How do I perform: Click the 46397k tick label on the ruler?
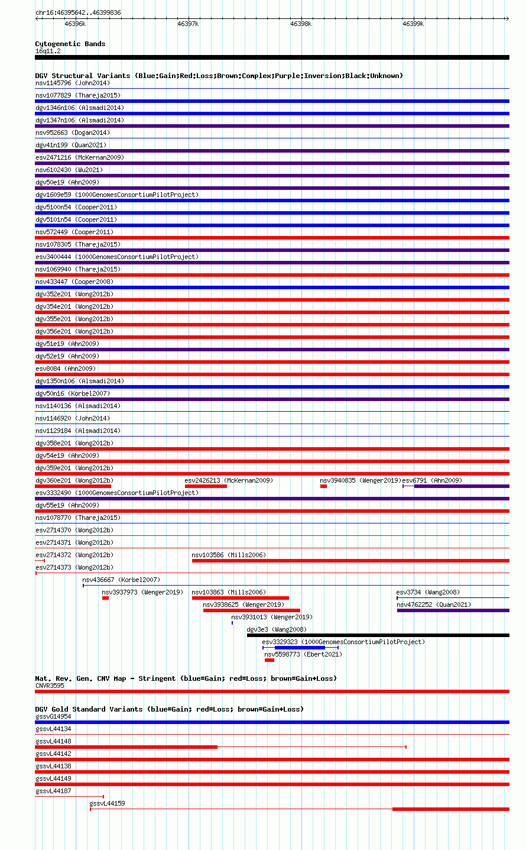click(188, 24)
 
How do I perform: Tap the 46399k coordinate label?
click(413, 24)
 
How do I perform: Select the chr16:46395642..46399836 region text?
click(78, 12)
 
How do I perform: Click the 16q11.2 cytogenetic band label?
click(48, 51)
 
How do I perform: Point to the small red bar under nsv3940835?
click(323, 486)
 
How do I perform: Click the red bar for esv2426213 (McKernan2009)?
click(206, 486)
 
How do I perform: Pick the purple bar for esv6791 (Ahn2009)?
click(462, 486)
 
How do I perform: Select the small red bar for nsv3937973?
click(105, 599)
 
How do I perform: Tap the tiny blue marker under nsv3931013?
click(232, 623)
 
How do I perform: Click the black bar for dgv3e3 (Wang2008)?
click(378, 636)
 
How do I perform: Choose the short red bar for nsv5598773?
click(270, 660)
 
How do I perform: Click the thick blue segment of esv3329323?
click(300, 648)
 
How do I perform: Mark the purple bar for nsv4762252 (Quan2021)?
click(453, 610)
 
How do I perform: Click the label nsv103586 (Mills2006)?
click(229, 555)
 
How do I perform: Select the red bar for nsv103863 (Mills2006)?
click(241, 599)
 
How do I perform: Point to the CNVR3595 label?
click(50, 686)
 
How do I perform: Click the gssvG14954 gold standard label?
click(53, 716)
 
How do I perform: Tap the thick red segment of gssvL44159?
click(451, 809)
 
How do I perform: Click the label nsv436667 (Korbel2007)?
click(121, 580)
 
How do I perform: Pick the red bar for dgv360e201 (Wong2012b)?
click(73, 486)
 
